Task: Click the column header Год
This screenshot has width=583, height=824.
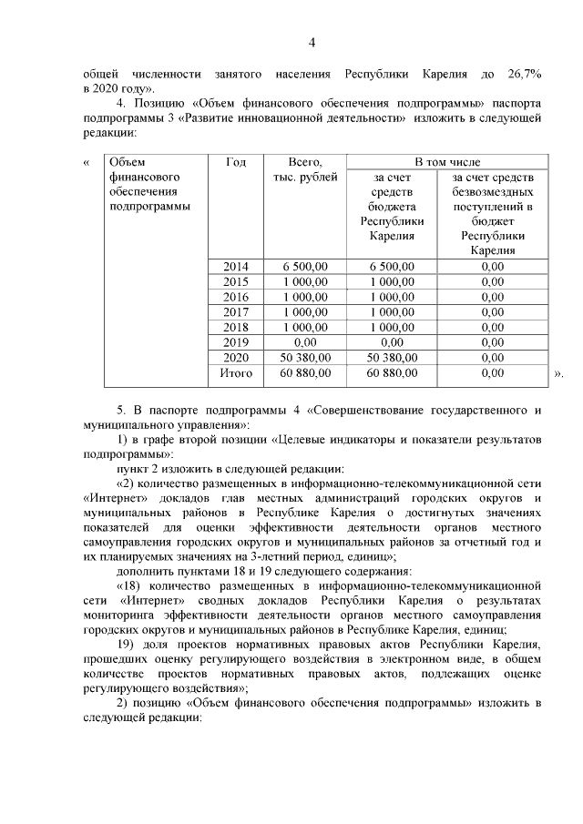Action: coord(236,161)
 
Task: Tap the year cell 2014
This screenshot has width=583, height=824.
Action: coord(236,266)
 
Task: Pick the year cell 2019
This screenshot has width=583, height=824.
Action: coord(236,342)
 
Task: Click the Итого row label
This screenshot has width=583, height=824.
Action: coord(236,372)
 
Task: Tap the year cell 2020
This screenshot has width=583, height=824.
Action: coord(236,358)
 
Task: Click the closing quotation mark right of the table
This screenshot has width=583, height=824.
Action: coord(558,374)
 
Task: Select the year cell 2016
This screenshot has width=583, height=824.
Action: coord(236,297)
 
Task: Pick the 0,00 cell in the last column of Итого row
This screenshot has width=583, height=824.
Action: coord(492,372)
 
